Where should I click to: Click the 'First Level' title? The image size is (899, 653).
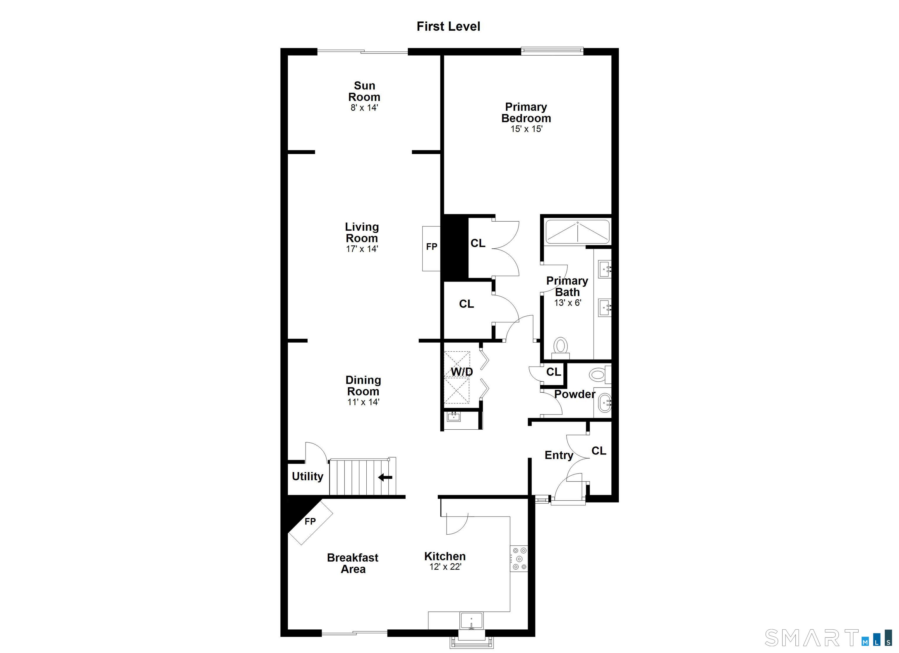[x=448, y=26]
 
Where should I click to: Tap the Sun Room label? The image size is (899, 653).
[x=364, y=91]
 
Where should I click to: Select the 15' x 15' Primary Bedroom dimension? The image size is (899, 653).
[x=526, y=129]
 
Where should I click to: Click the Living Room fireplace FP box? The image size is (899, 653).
[x=431, y=249]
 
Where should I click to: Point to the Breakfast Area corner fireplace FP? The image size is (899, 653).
[x=310, y=522]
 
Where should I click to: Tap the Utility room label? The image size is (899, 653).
[x=308, y=476]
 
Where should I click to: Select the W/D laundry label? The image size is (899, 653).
[x=462, y=372]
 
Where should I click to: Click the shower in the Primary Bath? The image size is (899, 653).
[x=578, y=232]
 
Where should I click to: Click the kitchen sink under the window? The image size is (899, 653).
[x=471, y=621]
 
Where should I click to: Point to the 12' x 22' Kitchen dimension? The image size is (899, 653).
[x=445, y=567]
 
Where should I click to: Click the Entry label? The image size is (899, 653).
[x=559, y=455]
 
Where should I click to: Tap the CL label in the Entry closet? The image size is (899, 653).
[x=599, y=451]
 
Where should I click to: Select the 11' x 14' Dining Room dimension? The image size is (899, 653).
[x=363, y=402]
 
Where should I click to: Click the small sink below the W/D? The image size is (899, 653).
[x=454, y=416]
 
